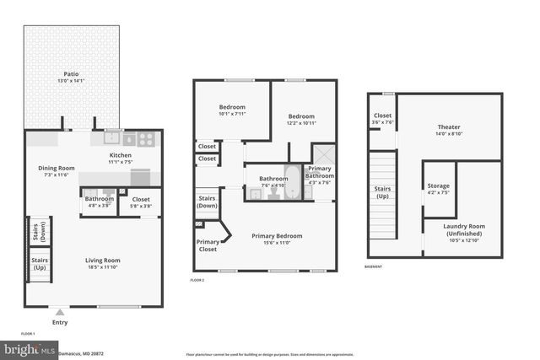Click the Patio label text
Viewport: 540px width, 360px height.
click(x=59, y=73)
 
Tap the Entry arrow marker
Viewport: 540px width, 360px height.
click(x=60, y=312)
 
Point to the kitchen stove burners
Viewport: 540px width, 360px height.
click(x=145, y=140)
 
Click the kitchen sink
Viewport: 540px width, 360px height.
click(x=113, y=140)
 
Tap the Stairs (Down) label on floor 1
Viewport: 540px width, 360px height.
click(x=37, y=231)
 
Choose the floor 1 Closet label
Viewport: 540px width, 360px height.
click(x=141, y=200)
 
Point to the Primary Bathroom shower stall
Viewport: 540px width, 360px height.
click(x=323, y=156)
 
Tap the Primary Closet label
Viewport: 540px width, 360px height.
click(x=208, y=245)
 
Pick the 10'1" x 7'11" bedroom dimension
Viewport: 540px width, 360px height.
click(x=232, y=114)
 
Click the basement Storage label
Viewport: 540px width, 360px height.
click(x=438, y=185)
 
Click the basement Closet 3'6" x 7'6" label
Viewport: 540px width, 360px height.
click(x=382, y=119)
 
